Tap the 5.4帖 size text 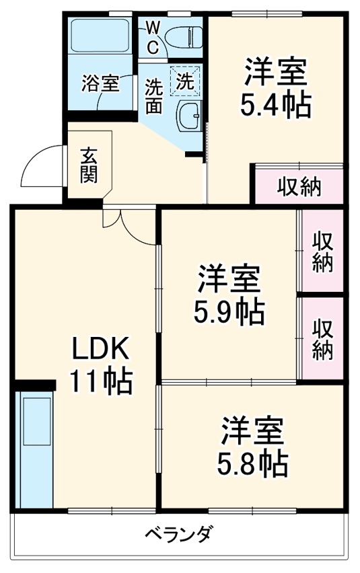275,106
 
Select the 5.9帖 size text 229,311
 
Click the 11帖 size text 101,382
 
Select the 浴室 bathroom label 100,84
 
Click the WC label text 153,38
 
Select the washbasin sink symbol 188,117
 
